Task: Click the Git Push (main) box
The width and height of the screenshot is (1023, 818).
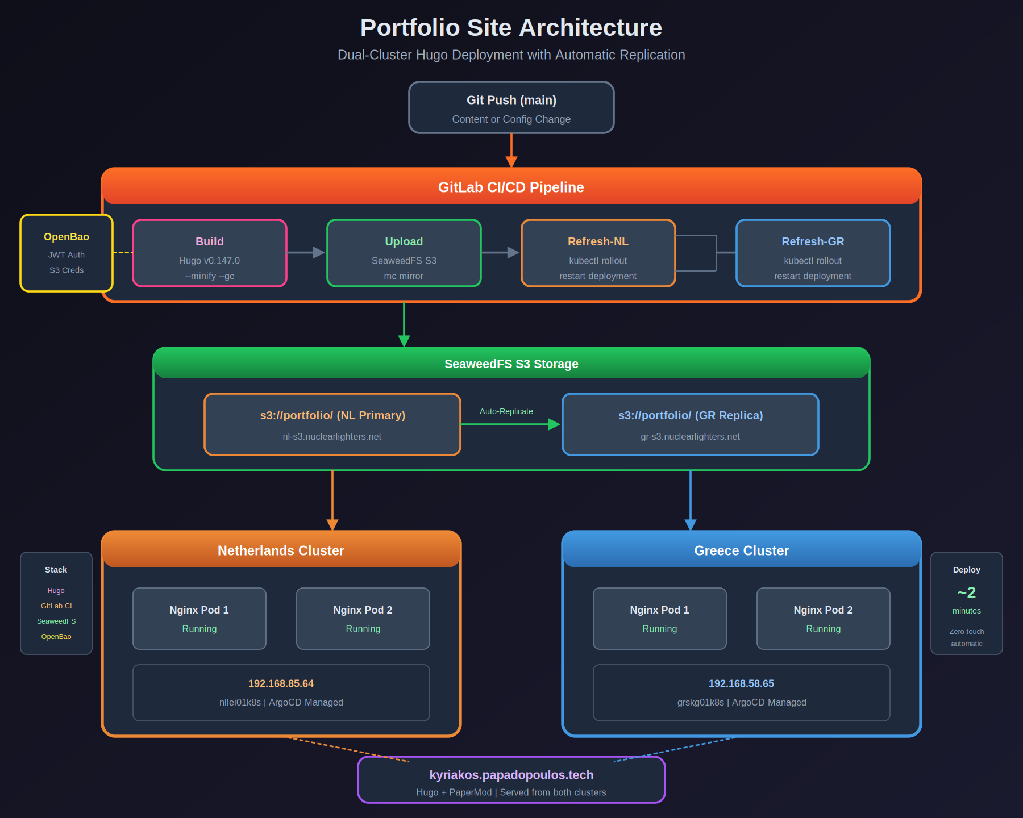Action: click(511, 108)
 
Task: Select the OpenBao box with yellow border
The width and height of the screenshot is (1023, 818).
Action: click(66, 253)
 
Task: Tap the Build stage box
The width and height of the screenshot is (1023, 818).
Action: click(210, 253)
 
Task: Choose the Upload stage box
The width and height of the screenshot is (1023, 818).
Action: click(404, 253)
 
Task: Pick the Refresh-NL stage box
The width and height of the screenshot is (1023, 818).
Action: click(598, 253)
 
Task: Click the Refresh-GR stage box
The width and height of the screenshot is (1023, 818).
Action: click(813, 253)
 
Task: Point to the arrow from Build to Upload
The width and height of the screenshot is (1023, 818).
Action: click(306, 252)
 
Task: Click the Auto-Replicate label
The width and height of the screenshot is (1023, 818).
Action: click(506, 411)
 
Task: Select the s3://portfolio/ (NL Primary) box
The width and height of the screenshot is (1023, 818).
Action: click(332, 424)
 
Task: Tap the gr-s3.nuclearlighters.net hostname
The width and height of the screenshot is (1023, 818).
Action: click(690, 436)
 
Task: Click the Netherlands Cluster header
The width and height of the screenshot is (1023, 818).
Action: click(281, 550)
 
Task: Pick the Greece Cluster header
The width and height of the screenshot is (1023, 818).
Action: click(741, 550)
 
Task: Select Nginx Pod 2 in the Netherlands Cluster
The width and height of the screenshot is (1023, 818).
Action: click(363, 618)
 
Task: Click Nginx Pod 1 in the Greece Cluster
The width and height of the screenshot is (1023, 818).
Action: click(659, 618)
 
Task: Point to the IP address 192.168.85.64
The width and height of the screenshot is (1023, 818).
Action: click(281, 683)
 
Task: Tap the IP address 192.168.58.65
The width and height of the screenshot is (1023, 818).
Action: click(741, 683)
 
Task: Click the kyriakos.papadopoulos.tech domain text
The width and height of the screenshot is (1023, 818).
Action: click(511, 775)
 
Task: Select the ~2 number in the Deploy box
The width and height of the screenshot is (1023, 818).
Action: click(966, 592)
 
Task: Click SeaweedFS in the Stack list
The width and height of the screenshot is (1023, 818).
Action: click(56, 621)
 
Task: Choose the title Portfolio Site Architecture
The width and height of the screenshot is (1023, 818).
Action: click(511, 27)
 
